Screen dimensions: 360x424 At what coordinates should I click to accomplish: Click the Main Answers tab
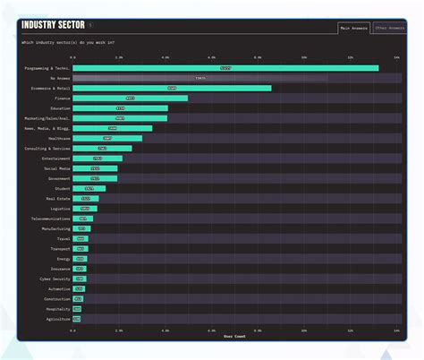tap(354, 28)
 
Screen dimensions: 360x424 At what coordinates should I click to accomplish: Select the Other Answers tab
tap(387, 28)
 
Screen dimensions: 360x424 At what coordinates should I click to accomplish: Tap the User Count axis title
tap(234, 336)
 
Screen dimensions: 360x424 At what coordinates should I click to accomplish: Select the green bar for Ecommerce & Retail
tap(171, 88)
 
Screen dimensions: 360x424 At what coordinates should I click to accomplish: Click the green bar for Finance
tap(130, 98)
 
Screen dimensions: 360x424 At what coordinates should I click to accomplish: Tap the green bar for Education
tap(120, 108)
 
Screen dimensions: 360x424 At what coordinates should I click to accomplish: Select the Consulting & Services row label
tap(48, 148)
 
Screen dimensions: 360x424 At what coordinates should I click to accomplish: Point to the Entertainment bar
tap(97, 159)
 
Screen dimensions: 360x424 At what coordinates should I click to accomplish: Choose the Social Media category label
tap(56, 168)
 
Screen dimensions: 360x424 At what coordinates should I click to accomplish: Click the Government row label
tap(58, 178)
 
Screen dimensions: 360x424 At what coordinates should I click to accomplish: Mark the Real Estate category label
tap(57, 198)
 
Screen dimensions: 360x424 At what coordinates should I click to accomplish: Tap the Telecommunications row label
tap(50, 219)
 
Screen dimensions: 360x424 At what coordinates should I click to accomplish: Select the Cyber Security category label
tap(55, 279)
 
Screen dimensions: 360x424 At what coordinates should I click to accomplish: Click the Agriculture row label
tap(57, 318)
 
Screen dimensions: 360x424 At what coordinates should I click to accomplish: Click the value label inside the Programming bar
tap(225, 68)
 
